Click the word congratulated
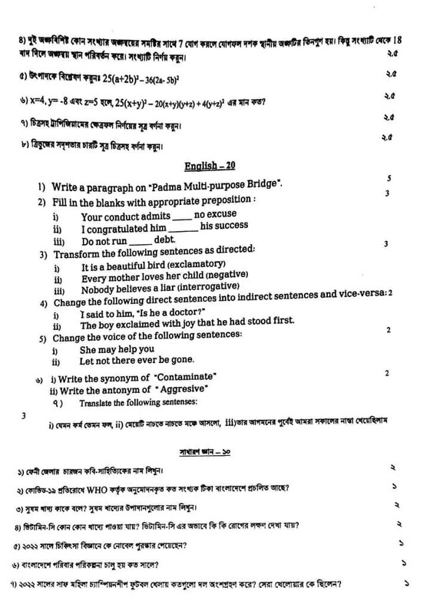[117, 227]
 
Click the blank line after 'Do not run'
[141, 241]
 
